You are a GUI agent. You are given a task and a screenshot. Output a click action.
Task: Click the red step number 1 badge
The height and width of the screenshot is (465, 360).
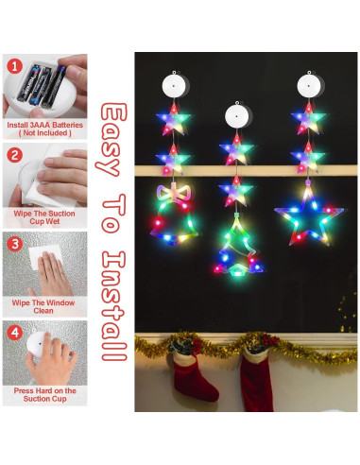tap(14, 67)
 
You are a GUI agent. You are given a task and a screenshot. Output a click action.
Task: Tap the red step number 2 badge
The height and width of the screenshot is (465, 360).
tap(14, 155)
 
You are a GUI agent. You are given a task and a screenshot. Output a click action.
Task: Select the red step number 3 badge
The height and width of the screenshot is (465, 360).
tap(14, 243)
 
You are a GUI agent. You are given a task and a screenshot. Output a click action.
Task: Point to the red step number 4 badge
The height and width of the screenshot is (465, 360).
tap(14, 332)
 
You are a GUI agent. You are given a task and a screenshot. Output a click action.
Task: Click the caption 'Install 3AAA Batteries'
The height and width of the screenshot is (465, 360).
tap(45, 125)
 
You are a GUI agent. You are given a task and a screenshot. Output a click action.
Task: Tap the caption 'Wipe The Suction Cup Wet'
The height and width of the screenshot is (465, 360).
tap(45, 215)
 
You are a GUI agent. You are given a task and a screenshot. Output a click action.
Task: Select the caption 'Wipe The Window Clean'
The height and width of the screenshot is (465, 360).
tap(45, 304)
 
